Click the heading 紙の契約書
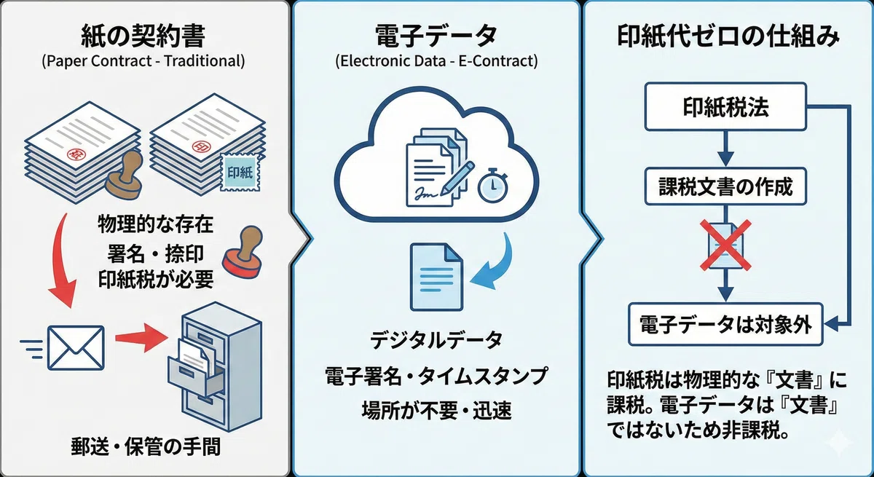pyautogui.click(x=143, y=36)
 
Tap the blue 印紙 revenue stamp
pyautogui.click(x=240, y=172)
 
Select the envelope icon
pyautogui.click(x=76, y=348)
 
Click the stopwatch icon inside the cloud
pyautogui.click(x=493, y=186)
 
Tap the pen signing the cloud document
pyautogui.click(x=457, y=178)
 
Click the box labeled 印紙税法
pyautogui.click(x=725, y=106)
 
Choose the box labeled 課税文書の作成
pyautogui.click(x=725, y=186)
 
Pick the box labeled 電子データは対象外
pyautogui.click(x=725, y=324)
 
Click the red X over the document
pyautogui.click(x=725, y=245)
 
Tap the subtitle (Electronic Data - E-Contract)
pyautogui.click(x=436, y=61)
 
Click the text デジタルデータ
pyautogui.click(x=436, y=339)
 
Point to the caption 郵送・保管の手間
pyautogui.click(x=146, y=446)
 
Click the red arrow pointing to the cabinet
pyautogui.click(x=142, y=338)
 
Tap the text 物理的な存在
pyautogui.click(x=155, y=224)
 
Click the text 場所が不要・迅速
pyautogui.click(x=436, y=410)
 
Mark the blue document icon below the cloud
pyautogui.click(x=436, y=277)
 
